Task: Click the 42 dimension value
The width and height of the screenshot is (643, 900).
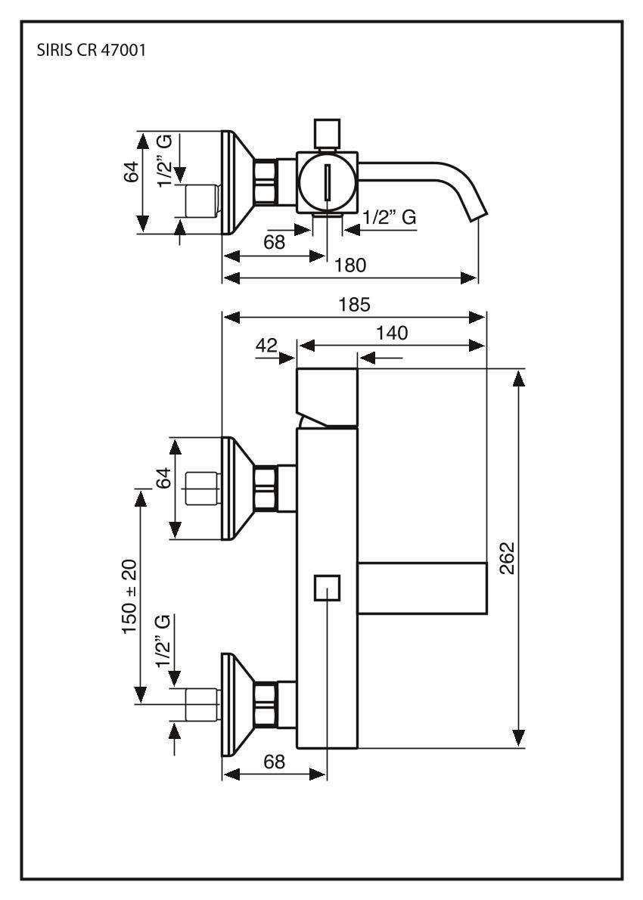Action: coord(267,345)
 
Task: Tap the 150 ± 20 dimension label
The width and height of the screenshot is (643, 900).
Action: coord(131,591)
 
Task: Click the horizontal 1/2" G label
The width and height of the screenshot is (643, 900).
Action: coord(390,217)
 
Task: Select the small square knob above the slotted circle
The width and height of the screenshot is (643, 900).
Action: coord(327,132)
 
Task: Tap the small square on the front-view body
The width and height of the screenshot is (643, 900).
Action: coord(327,588)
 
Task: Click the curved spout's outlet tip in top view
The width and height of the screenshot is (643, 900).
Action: coord(479,213)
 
